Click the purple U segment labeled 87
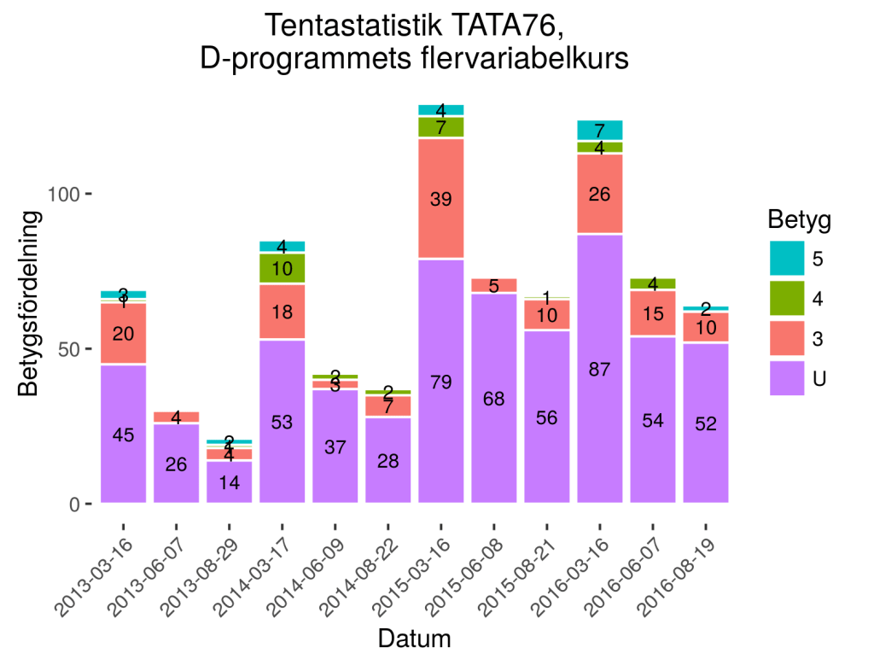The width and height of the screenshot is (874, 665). click(599, 369)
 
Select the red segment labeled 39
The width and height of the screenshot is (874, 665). click(440, 198)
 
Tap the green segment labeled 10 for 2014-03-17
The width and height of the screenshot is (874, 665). click(282, 268)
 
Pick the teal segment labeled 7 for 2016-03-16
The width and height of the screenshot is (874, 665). click(599, 130)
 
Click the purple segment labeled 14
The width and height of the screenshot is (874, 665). click(229, 481)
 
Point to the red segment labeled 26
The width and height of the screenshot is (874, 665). click(599, 194)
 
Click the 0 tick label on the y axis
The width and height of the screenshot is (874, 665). click(75, 504)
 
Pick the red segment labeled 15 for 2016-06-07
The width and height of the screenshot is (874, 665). click(652, 313)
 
